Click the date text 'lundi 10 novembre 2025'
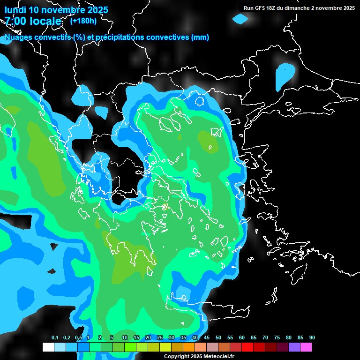[x=56, y=10]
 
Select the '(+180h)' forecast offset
[x=83, y=21]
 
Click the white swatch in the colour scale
[x=48, y=347]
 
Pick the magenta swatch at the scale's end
[x=306, y=347]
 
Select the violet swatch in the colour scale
[x=294, y=347]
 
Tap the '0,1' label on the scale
[x=55, y=338]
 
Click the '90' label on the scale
[x=312, y=338]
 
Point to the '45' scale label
[x=207, y=338]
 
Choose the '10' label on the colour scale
[x=125, y=338]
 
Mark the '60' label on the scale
[x=242, y=338]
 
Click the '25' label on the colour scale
[x=160, y=338]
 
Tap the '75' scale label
[x=277, y=338]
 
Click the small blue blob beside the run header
[x=240, y=19]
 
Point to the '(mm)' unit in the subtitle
[x=200, y=37]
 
